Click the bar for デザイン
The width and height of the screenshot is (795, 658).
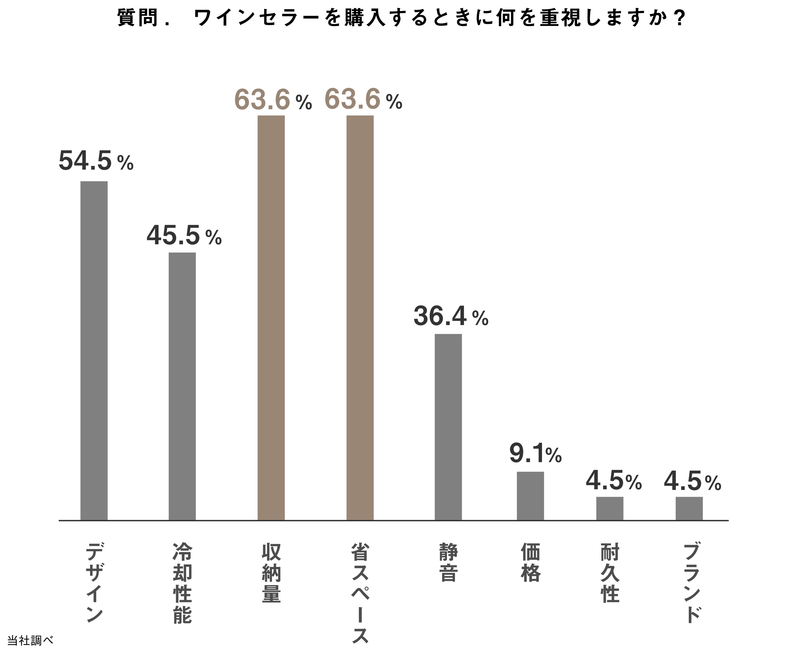[94, 350]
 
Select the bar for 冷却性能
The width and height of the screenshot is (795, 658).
[182, 386]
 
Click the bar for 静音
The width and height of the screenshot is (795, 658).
[448, 427]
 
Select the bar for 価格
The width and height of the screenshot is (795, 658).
[530, 496]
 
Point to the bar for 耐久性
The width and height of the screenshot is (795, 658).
[610, 508]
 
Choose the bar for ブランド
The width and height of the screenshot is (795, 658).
[689, 508]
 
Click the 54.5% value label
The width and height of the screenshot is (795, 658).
[96, 161]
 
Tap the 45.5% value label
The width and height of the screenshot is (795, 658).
[184, 236]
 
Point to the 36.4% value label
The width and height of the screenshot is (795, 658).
[451, 317]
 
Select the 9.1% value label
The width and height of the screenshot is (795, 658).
[535, 454]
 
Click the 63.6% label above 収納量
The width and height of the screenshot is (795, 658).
[273, 100]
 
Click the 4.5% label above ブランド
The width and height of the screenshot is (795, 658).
[692, 481]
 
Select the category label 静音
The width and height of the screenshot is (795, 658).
[449, 562]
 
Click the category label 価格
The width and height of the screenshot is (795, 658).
[530, 562]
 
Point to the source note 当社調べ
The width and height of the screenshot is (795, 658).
[30, 640]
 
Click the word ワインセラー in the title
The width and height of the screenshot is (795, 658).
[258, 18]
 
